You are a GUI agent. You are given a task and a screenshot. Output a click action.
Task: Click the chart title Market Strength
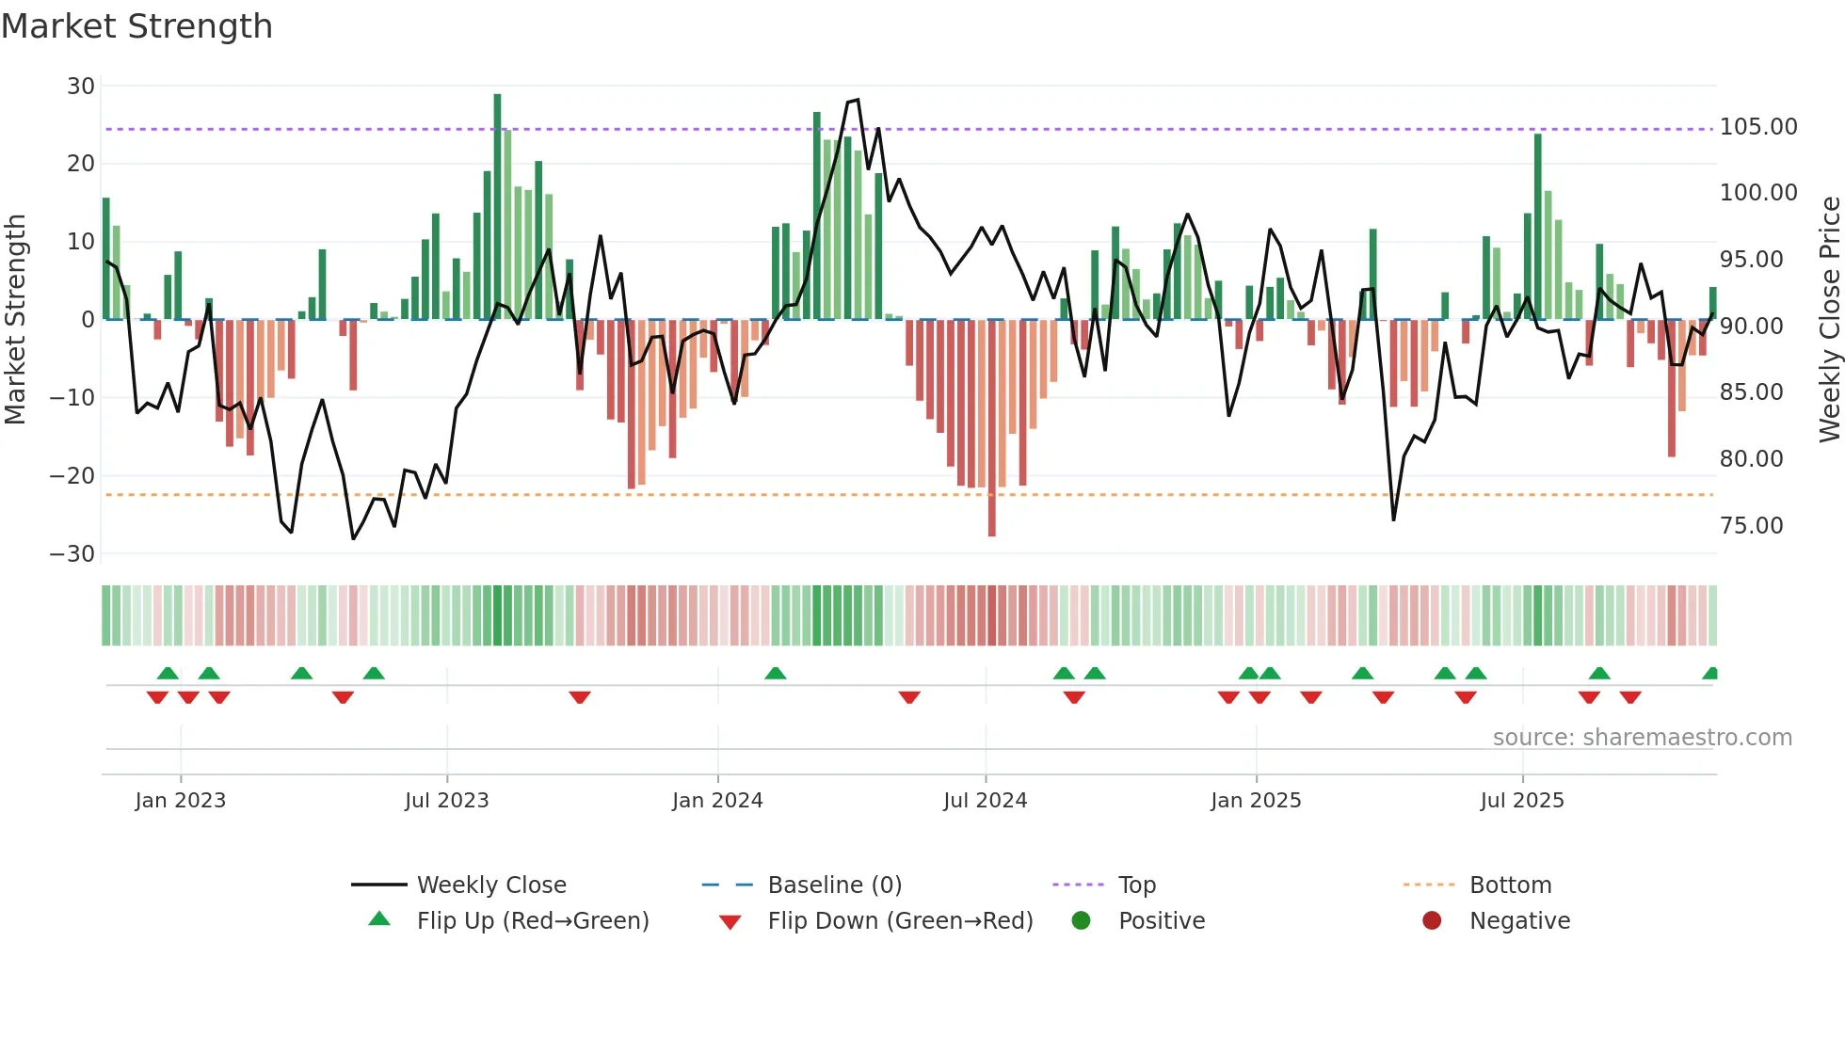136,26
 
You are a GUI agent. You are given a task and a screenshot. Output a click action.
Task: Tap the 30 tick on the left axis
81,87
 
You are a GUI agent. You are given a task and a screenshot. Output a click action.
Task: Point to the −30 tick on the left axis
72,554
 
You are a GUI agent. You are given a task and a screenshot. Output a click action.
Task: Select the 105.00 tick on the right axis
1758,127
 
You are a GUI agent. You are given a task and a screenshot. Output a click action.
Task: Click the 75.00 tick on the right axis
1751,526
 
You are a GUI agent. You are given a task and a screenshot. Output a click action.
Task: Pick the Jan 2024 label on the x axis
717,801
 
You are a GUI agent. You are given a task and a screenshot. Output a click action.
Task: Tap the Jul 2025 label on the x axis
1522,801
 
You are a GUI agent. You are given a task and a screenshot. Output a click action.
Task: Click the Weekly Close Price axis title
1829,320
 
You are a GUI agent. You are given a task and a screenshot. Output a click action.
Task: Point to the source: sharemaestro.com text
1642,738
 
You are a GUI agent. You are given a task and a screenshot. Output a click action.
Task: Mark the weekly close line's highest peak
857,100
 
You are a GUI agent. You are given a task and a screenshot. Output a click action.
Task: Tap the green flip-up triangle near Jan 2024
776,674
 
